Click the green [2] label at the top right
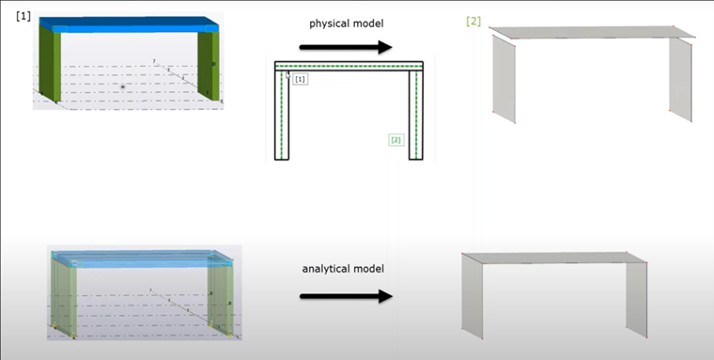pyautogui.click(x=473, y=22)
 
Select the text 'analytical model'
pyautogui.click(x=345, y=269)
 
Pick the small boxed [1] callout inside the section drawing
pyautogui.click(x=301, y=81)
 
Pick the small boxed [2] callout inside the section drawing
pyautogui.click(x=396, y=140)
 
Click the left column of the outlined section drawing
pyautogui.click(x=282, y=117)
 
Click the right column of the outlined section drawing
pyautogui.click(x=416, y=117)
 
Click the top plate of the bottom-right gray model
pyautogui.click(x=554, y=258)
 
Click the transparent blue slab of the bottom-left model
pyautogui.click(x=141, y=258)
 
